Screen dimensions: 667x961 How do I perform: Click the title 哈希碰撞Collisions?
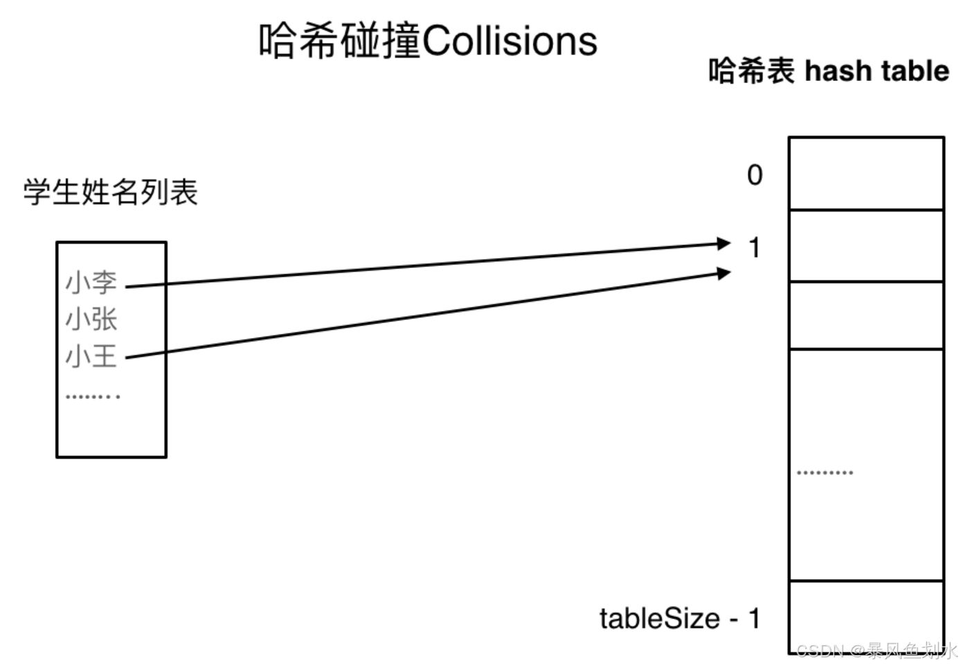pyautogui.click(x=428, y=41)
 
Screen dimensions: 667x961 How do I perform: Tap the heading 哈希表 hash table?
pyautogui.click(x=828, y=71)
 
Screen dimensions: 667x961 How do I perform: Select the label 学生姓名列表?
pyautogui.click(x=111, y=192)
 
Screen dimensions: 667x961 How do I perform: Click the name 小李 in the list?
pyautogui.click(x=91, y=283)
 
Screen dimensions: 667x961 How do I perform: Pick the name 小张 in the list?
pyautogui.click(x=91, y=319)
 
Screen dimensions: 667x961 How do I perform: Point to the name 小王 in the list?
pyautogui.click(x=91, y=357)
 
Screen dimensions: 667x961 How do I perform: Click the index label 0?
pyautogui.click(x=755, y=175)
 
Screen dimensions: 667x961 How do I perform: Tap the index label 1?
pyautogui.click(x=755, y=247)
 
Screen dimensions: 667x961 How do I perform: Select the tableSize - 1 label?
pyautogui.click(x=680, y=619)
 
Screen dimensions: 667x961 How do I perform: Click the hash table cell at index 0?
pyautogui.click(x=866, y=174)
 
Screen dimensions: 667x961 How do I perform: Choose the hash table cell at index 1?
pyautogui.click(x=866, y=246)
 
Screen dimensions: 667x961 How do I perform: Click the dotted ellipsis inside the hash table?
pyautogui.click(x=825, y=472)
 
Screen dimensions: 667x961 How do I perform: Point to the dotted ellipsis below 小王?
pyautogui.click(x=93, y=397)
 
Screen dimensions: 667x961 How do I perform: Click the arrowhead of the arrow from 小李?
pyautogui.click(x=724, y=243)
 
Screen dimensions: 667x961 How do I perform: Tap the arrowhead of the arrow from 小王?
pyautogui.click(x=724, y=273)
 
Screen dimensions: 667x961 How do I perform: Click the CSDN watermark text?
pyautogui.click(x=877, y=650)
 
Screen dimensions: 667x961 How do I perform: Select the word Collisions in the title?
pyautogui.click(x=510, y=41)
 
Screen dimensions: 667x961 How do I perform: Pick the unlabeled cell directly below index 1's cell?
pyautogui.click(x=866, y=315)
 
